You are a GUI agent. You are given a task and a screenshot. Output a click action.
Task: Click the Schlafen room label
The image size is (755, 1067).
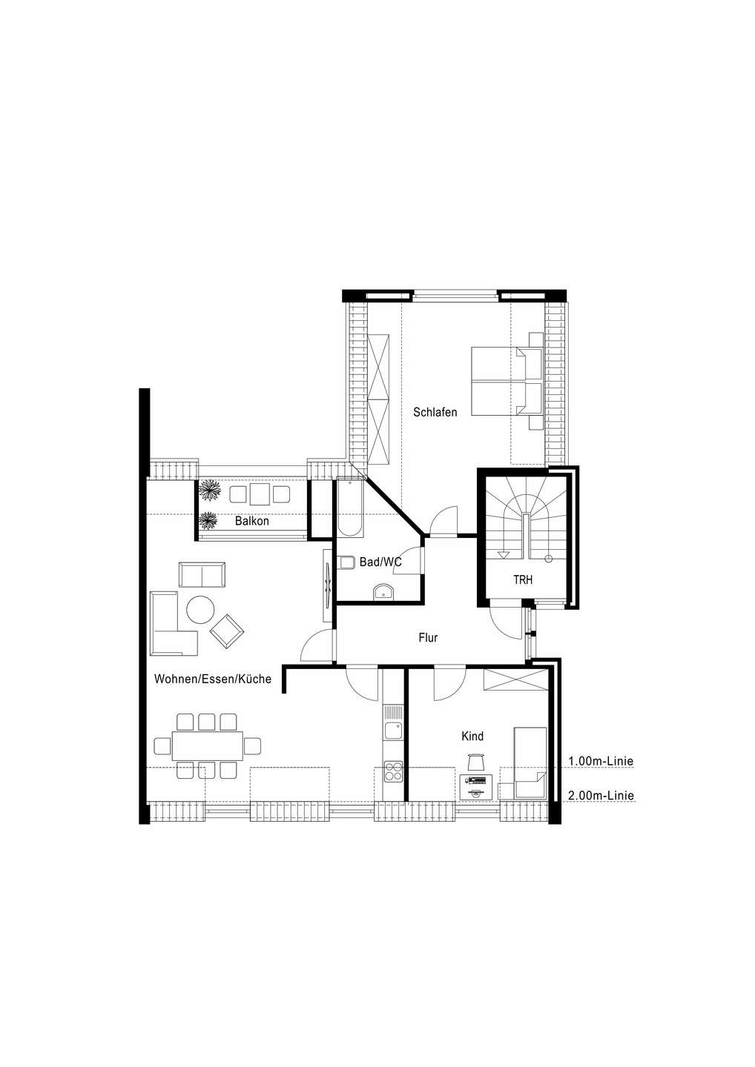click(435, 412)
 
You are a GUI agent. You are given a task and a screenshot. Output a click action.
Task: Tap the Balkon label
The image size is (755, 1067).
click(251, 521)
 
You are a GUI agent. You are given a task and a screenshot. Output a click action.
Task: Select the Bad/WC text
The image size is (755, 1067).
click(380, 562)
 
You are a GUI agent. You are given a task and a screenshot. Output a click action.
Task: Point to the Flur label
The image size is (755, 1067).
click(428, 637)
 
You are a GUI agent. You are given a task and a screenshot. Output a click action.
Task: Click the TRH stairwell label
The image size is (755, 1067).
click(523, 579)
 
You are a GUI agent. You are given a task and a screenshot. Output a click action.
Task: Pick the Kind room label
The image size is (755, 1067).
click(472, 736)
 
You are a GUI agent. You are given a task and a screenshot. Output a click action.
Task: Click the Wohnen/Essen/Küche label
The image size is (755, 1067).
click(213, 679)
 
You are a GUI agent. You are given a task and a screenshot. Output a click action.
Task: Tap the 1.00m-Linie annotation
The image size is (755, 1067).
click(601, 761)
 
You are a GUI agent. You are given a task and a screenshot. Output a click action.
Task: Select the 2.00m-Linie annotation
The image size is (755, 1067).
click(601, 796)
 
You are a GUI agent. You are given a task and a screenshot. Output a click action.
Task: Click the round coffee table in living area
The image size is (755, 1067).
click(200, 610)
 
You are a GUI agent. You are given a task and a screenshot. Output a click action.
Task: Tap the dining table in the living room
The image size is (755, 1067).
click(208, 745)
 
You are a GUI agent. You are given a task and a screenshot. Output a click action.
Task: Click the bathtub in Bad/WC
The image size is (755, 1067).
click(350, 508)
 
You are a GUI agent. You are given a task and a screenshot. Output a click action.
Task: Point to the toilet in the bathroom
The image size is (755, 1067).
click(346, 562)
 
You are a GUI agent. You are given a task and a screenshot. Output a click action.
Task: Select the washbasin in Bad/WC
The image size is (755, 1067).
click(383, 593)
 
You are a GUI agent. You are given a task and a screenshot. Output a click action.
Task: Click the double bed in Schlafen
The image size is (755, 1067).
click(507, 381)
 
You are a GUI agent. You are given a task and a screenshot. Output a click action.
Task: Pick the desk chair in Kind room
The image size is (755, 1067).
click(476, 761)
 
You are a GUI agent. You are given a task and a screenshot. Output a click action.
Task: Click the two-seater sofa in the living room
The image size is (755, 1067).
click(202, 574)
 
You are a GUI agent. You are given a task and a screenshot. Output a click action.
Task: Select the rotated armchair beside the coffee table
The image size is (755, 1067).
click(227, 631)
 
